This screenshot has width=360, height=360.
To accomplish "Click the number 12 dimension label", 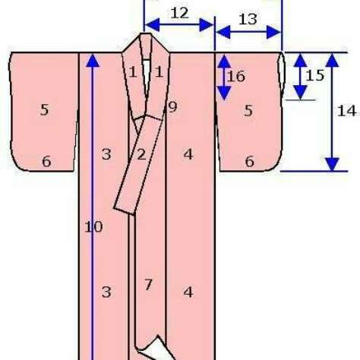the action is click(x=180, y=13).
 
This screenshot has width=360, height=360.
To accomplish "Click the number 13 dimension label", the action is click(x=248, y=19).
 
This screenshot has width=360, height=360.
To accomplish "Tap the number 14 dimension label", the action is click(x=347, y=111).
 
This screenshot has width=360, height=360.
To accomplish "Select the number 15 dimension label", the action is click(x=315, y=75).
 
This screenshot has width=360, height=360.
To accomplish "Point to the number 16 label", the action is click(x=236, y=77).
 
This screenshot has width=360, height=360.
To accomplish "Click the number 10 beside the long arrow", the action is click(x=93, y=227).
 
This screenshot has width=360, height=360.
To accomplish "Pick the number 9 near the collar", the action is click(x=172, y=107).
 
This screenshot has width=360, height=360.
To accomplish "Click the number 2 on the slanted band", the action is click(x=141, y=154).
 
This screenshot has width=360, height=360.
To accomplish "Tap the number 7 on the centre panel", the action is click(x=148, y=285).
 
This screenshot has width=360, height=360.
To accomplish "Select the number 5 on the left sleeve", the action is click(x=45, y=110).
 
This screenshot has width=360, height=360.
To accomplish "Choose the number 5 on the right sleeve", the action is click(x=248, y=111).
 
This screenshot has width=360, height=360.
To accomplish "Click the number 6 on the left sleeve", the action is click(x=46, y=161).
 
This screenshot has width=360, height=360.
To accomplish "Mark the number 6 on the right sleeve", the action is click(x=250, y=161).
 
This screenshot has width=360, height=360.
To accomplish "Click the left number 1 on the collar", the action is click(x=133, y=72).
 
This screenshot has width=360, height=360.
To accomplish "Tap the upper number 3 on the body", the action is click(x=106, y=154).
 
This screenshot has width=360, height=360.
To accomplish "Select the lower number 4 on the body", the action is click(x=188, y=292).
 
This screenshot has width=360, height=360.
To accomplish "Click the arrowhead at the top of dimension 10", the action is click(x=93, y=60).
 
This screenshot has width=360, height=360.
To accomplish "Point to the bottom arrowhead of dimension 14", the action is click(x=332, y=164).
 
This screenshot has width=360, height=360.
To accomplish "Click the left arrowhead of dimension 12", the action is click(x=152, y=25).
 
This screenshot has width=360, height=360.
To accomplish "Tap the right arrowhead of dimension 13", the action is click(x=274, y=32).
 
